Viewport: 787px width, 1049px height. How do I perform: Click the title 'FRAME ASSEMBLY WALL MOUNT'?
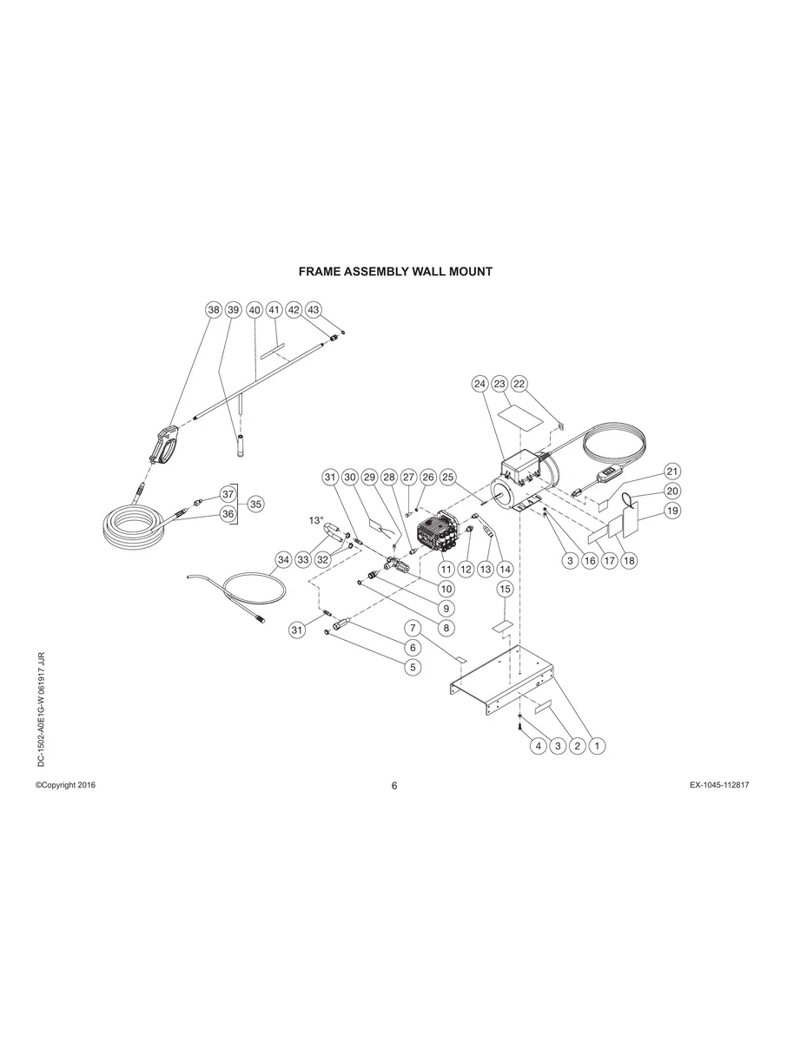coord(395,272)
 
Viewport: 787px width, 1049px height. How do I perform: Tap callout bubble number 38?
coord(214,310)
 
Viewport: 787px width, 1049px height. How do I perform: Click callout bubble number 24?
coord(479,384)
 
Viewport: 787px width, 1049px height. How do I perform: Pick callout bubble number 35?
coord(256,505)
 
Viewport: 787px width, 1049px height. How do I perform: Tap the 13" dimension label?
coord(316,520)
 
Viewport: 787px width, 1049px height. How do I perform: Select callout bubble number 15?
coord(505,590)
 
